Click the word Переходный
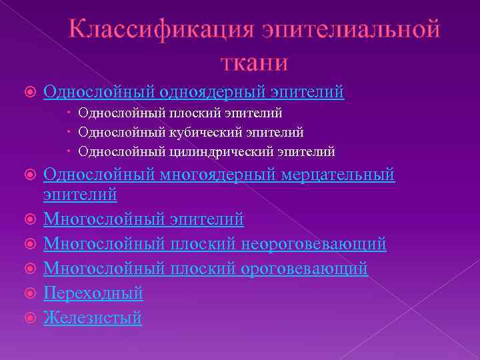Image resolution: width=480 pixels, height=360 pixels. point(93,293)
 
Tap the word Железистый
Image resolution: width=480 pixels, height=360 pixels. point(93,318)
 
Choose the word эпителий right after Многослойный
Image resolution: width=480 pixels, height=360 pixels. point(206,219)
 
